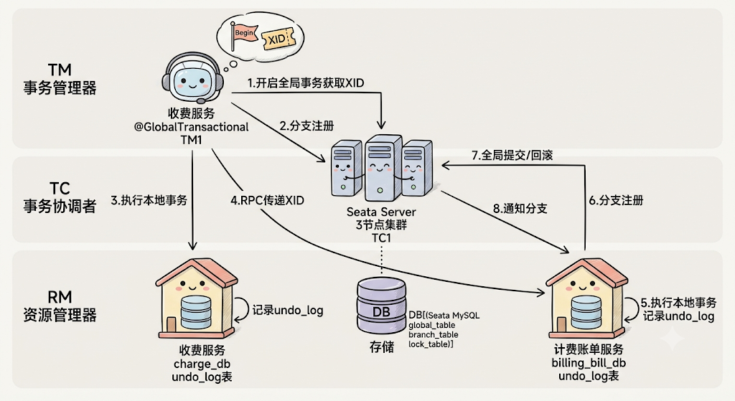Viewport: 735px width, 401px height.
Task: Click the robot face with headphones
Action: point(192,79)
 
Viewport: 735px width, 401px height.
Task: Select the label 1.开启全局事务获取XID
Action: point(306,83)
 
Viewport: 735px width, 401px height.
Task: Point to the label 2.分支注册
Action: point(306,126)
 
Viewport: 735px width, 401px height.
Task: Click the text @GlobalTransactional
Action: point(191,127)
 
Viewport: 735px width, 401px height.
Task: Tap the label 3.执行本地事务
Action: point(149,201)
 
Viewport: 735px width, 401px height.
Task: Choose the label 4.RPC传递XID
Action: point(267,201)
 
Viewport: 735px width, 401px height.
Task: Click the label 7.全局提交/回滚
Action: point(512,155)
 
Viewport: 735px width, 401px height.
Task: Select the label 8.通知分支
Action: point(520,209)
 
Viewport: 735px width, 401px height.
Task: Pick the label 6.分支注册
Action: point(616,201)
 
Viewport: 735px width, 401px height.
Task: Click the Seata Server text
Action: point(381,212)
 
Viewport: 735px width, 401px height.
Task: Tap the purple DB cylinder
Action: point(381,306)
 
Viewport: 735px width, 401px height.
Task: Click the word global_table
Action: point(431,325)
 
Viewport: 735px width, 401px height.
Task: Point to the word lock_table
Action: point(429,344)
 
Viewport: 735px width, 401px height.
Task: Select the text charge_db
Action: point(202,364)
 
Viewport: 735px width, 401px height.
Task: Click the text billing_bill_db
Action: point(589,363)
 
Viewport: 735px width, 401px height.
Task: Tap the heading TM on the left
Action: point(60,70)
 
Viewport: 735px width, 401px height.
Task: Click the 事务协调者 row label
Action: point(60,206)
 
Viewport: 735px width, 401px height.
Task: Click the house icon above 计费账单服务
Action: point(586,298)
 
